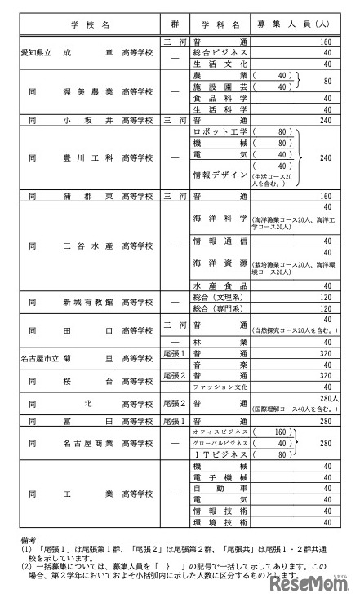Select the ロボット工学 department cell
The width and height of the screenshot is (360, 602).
219,131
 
